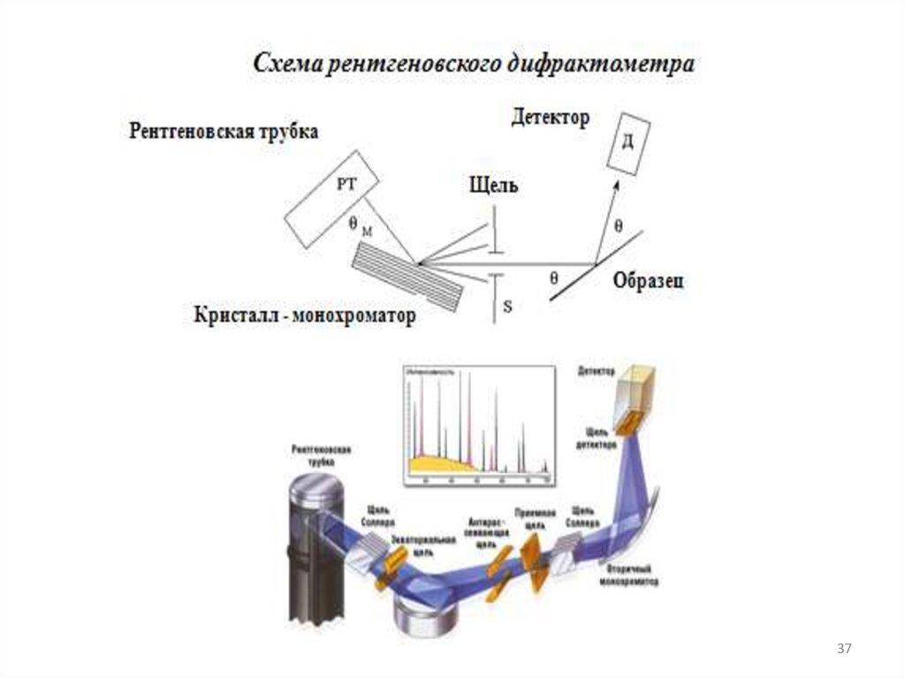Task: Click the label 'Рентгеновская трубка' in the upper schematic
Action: pyautogui.click(x=224, y=132)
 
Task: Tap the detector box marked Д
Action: pyautogui.click(x=628, y=141)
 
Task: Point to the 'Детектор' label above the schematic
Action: pyautogui.click(x=550, y=118)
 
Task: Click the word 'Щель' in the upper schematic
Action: pyautogui.click(x=493, y=186)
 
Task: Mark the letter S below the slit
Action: pyautogui.click(x=507, y=307)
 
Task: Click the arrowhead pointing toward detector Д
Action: pyautogui.click(x=616, y=185)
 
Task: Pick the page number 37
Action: pyautogui.click(x=844, y=650)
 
